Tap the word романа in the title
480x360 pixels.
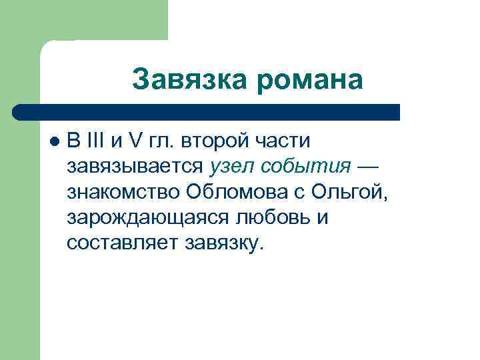[x=309, y=80]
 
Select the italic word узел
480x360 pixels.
[x=231, y=167]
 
